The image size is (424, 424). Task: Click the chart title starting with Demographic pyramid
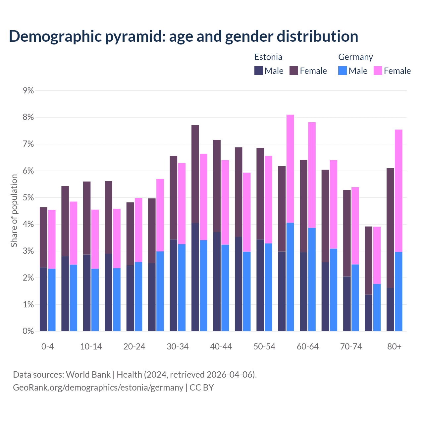coord(184,36)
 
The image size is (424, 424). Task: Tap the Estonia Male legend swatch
coord(259,71)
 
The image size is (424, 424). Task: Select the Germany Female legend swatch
coord(378,71)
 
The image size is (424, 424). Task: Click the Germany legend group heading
coord(355,57)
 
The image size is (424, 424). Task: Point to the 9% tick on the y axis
coord(28,90)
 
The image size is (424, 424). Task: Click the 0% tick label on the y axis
coord(28,331)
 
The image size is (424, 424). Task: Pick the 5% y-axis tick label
coord(28,197)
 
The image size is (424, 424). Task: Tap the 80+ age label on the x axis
coord(394,346)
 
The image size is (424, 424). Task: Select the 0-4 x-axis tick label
coord(47,346)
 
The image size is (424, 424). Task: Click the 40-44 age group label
coord(221,346)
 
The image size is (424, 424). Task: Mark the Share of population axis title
coord(14,211)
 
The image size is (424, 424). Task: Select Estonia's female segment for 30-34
coord(174,197)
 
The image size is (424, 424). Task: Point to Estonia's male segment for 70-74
coord(347,303)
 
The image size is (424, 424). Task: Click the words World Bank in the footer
coord(88,375)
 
